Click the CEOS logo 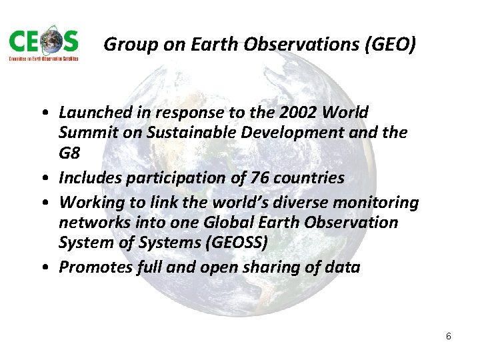[44, 45]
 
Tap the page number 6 [449, 336]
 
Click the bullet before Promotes [50, 268]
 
